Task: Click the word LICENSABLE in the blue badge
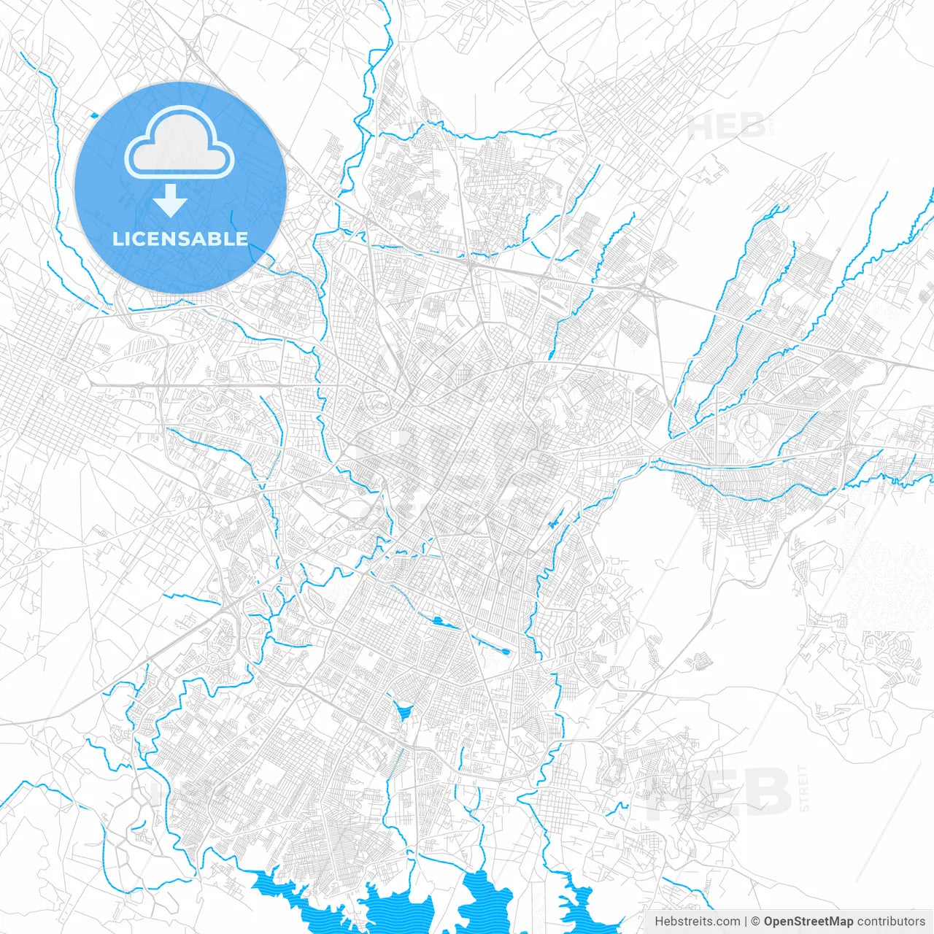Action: [x=180, y=239]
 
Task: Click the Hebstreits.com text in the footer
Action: [x=697, y=922]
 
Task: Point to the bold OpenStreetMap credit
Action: [x=808, y=922]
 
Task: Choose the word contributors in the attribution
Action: [x=891, y=922]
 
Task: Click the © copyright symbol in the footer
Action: [x=756, y=922]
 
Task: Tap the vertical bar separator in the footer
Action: [x=746, y=922]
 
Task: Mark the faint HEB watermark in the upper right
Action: [x=725, y=127]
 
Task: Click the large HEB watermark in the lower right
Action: [x=719, y=793]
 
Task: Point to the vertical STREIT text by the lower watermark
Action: [x=804, y=789]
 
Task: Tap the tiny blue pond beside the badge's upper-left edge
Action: [x=93, y=114]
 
